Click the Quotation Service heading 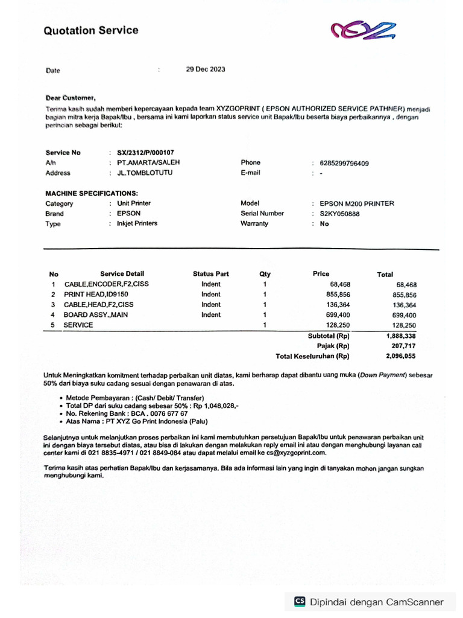pos(90,30)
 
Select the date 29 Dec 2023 pos(206,69)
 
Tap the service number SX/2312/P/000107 pos(145,153)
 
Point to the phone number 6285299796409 pos(344,163)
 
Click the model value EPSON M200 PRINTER pos(357,203)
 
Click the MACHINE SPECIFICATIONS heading pos(92,193)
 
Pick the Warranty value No pos(324,224)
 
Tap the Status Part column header pos(211,274)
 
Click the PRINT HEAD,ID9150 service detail pos(96,295)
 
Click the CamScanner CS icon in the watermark pos(300,602)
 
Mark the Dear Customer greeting pos(70,98)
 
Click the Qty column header pos(265,274)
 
